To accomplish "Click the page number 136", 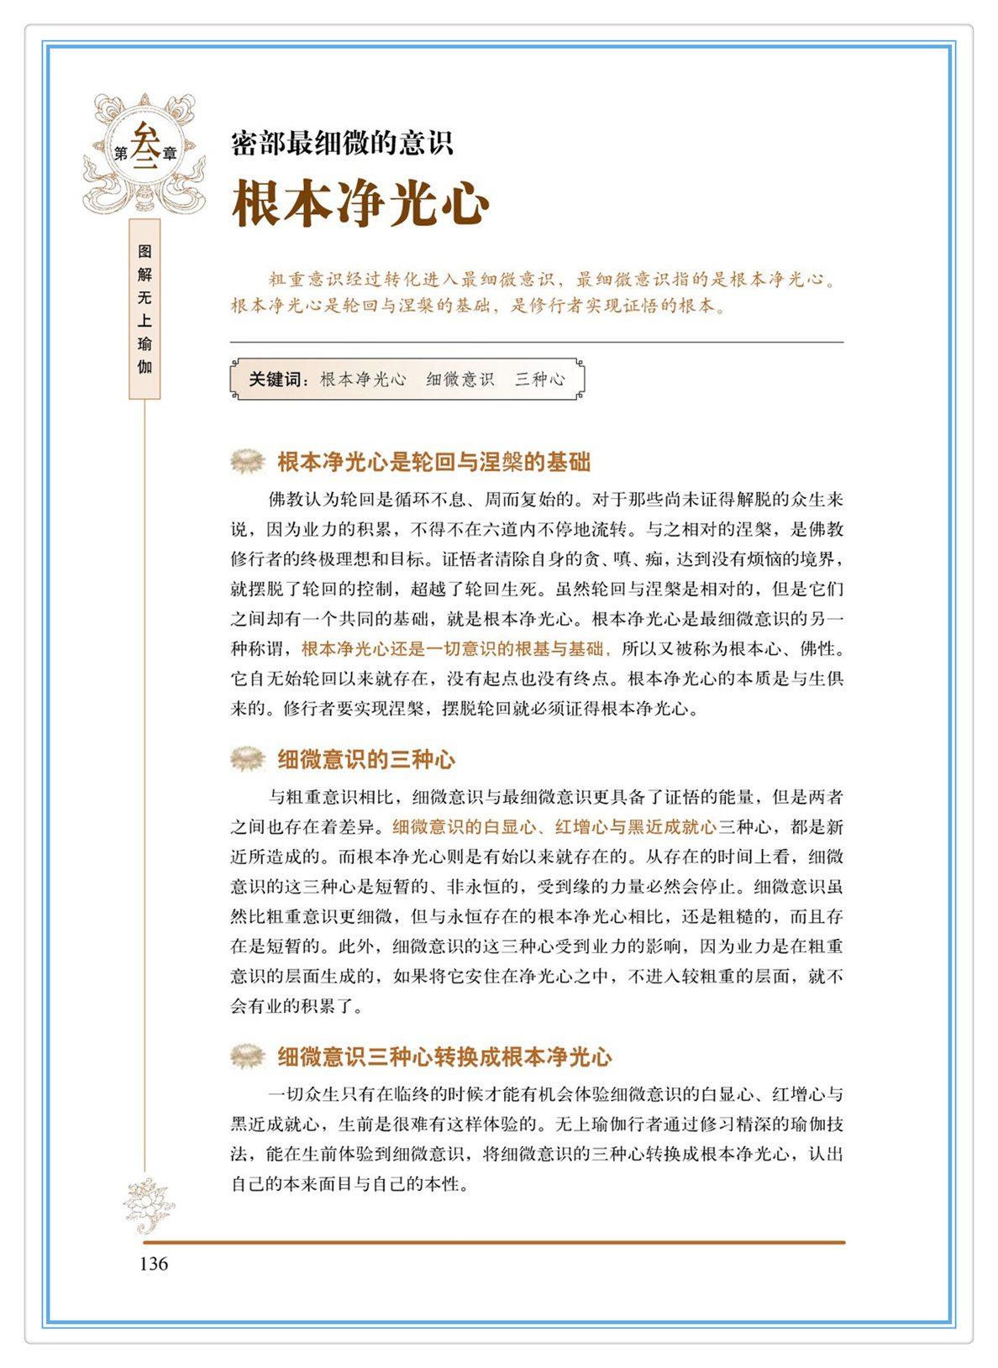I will [154, 1264].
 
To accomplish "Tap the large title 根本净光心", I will [360, 204].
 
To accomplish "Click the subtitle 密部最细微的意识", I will [342, 144].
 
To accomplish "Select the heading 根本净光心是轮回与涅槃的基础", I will [433, 463].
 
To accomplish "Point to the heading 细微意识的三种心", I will [366, 760].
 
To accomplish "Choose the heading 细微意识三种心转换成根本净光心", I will [444, 1057].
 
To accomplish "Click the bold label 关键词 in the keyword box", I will [275, 380].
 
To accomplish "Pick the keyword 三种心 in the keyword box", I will [540, 380].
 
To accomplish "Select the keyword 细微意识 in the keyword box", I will [460, 380].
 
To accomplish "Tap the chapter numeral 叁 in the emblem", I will [145, 146].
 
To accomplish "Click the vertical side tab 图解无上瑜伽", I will [144, 309].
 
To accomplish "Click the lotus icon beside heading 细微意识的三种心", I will [247, 759].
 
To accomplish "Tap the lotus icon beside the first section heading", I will [247, 461].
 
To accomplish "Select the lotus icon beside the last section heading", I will [247, 1056].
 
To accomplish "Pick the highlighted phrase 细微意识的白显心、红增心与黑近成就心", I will [554, 827].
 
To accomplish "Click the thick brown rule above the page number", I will [494, 1242].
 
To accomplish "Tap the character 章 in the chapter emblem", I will [170, 154].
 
